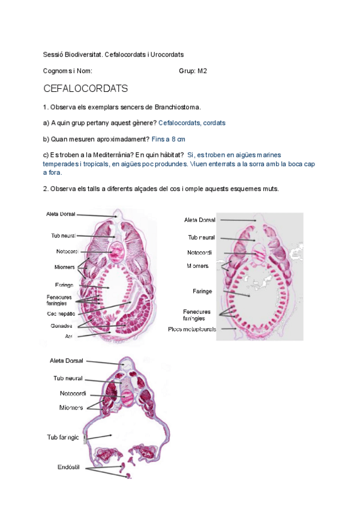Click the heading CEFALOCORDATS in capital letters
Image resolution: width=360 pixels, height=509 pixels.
point(86,89)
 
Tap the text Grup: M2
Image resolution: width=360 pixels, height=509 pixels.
point(193,71)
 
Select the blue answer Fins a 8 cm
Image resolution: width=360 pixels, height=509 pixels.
point(169,139)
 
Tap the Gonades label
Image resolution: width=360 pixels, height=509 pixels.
point(62,325)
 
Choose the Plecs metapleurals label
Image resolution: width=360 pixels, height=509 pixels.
point(192,329)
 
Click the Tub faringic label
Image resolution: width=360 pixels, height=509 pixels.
point(63,437)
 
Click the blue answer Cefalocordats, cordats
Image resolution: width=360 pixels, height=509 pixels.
point(192,123)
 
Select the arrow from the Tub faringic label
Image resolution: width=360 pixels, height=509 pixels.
point(98,436)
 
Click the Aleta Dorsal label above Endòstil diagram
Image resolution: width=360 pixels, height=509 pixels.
point(67,361)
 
